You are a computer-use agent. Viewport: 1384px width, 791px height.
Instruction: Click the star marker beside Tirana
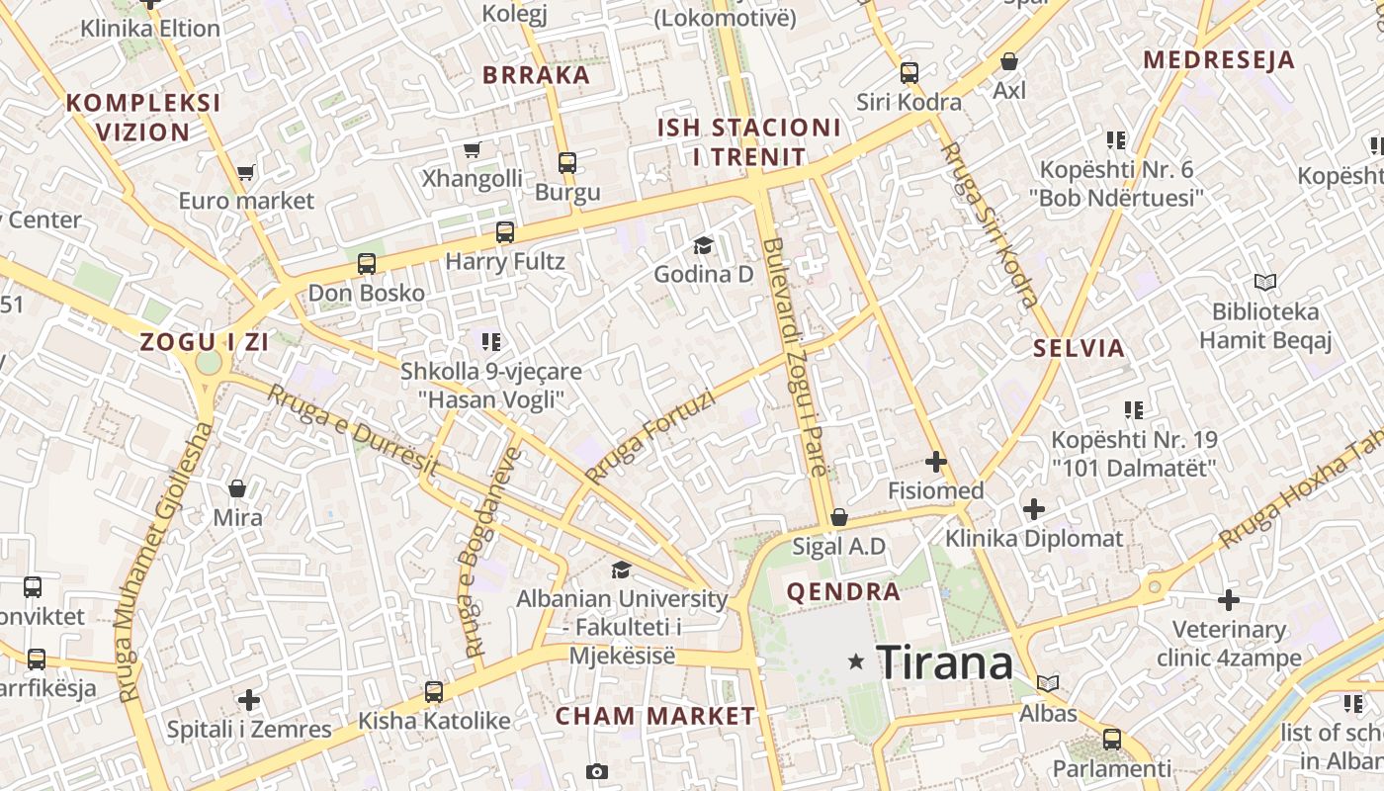pyautogui.click(x=856, y=661)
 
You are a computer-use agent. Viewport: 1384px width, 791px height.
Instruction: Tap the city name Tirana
pyautogui.click(x=944, y=661)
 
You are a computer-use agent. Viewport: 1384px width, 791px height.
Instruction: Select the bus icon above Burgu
pyautogui.click(x=566, y=163)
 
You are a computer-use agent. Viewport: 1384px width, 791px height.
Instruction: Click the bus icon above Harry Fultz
pyautogui.click(x=505, y=232)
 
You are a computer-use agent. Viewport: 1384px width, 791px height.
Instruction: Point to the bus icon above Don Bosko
pyautogui.click(x=367, y=264)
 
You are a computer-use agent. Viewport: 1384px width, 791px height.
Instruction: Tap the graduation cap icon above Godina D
pyautogui.click(x=703, y=245)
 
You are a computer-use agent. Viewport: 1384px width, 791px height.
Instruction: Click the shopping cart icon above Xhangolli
pyautogui.click(x=473, y=150)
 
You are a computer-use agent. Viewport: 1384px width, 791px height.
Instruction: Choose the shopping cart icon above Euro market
pyautogui.click(x=246, y=172)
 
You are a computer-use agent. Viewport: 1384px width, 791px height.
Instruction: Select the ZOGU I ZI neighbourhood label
pyautogui.click(x=205, y=342)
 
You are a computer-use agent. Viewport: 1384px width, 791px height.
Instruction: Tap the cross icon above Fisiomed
pyautogui.click(x=935, y=461)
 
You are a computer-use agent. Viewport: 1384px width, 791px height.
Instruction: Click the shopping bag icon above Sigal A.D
pyautogui.click(x=838, y=516)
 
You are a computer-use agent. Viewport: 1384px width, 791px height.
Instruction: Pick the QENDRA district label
pyautogui.click(x=843, y=592)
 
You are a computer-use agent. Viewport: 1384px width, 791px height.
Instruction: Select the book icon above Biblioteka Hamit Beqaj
pyautogui.click(x=1264, y=283)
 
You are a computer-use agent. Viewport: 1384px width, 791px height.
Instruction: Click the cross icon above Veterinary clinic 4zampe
pyautogui.click(x=1229, y=600)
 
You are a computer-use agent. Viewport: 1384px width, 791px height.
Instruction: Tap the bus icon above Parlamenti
pyautogui.click(x=1112, y=739)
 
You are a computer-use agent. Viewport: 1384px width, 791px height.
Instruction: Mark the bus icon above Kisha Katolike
pyautogui.click(x=434, y=691)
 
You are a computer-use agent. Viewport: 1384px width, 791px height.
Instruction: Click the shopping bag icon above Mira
pyautogui.click(x=237, y=487)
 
